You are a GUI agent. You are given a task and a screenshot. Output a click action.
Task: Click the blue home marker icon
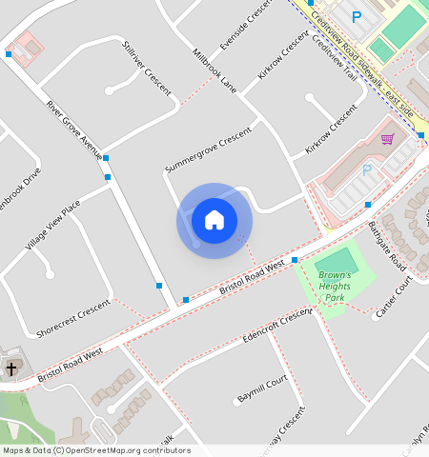214,220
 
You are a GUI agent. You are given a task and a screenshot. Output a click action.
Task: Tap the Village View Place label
52,226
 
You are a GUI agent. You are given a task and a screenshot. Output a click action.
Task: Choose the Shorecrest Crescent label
72,319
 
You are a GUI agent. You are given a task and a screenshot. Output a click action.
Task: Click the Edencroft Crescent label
277,326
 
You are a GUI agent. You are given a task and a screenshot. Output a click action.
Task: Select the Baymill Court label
262,388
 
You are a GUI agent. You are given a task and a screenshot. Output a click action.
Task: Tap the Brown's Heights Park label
335,287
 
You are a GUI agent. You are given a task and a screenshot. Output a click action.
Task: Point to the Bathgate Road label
387,245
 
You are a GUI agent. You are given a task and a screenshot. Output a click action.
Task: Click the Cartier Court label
398,298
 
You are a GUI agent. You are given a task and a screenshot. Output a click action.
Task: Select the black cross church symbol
11,368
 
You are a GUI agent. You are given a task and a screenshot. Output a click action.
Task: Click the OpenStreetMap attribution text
96,450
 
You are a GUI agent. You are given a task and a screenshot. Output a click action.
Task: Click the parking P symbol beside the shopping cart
366,170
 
